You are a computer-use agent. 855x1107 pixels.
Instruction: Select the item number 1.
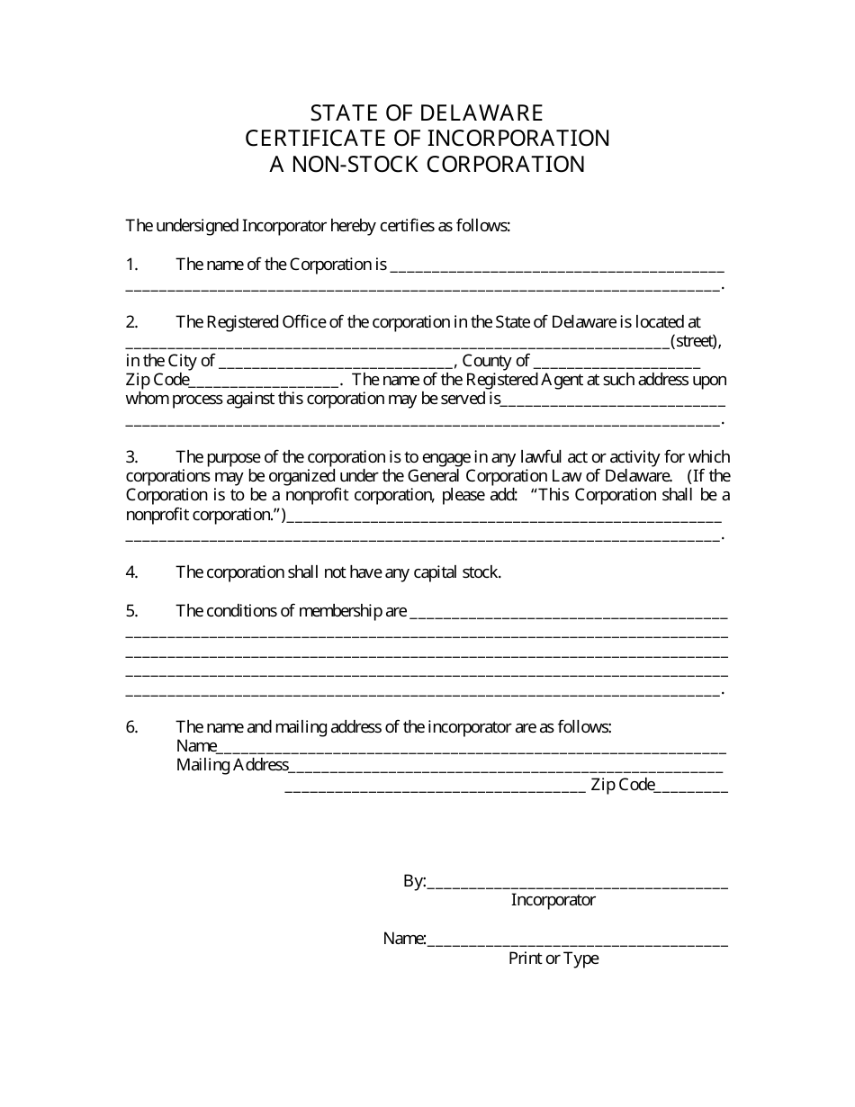point(131,265)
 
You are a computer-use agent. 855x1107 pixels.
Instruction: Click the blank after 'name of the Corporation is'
point(557,266)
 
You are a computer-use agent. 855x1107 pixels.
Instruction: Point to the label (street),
point(696,341)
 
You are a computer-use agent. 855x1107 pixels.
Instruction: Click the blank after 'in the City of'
point(337,363)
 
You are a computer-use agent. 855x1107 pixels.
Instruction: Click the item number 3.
point(131,456)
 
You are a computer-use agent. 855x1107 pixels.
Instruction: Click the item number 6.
point(131,727)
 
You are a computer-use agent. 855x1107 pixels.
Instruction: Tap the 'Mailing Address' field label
point(232,766)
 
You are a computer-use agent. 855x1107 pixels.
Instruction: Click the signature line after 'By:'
point(577,884)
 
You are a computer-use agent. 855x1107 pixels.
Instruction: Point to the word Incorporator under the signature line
point(553,900)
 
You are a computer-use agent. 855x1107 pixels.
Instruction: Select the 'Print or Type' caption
point(553,958)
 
